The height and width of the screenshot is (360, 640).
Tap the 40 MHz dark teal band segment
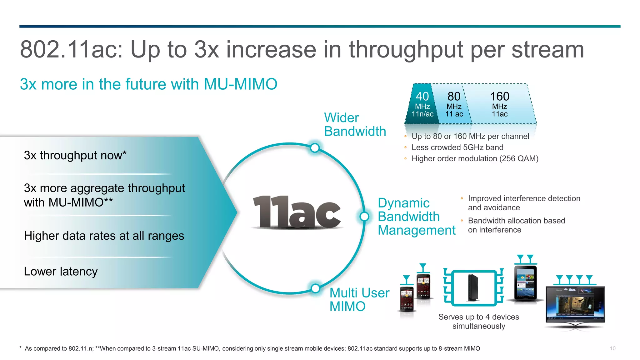(422, 104)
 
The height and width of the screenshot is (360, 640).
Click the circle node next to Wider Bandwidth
(315, 148)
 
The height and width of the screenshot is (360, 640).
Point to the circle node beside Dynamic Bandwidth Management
(364, 216)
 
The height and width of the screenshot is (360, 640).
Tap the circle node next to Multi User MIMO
(316, 288)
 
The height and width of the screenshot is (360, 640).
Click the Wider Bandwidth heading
(355, 124)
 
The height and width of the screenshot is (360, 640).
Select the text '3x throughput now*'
(75, 155)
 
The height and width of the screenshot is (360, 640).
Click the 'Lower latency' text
(61, 271)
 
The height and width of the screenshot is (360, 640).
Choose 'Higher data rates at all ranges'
(104, 236)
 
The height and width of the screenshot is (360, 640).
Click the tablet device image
(526, 283)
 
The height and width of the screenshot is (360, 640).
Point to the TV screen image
(575, 305)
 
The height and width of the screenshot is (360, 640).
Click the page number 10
(612, 348)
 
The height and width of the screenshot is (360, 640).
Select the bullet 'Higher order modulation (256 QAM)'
(475, 159)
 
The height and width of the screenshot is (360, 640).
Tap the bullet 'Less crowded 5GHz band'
(457, 147)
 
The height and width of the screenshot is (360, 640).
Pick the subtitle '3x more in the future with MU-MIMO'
(148, 84)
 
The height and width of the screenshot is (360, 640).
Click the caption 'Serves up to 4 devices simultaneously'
(478, 321)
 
